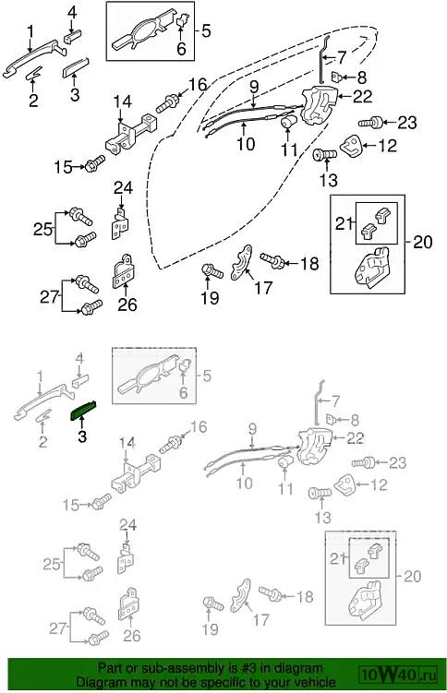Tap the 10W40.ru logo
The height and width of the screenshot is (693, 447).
pyautogui.click(x=399, y=675)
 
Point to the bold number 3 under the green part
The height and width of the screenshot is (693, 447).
pyautogui.click(x=82, y=436)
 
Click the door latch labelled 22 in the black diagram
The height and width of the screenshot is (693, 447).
pyautogui.click(x=320, y=106)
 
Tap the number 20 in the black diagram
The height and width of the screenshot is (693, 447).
pyautogui.click(x=423, y=242)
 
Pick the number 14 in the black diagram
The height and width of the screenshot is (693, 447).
pyautogui.click(x=123, y=102)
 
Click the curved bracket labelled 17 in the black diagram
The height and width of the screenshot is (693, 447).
pyautogui.click(x=241, y=262)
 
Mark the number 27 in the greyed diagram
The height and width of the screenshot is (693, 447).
pyautogui.click(x=57, y=628)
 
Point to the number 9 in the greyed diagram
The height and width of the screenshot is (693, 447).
pyautogui.click(x=252, y=428)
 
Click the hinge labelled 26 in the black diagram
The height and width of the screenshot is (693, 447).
pyautogui.click(x=124, y=271)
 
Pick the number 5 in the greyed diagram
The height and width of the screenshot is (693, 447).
pyautogui.click(x=207, y=376)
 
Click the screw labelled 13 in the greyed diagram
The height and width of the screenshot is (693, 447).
pyautogui.click(x=320, y=493)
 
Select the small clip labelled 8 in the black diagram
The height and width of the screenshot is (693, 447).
pyautogui.click(x=337, y=77)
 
